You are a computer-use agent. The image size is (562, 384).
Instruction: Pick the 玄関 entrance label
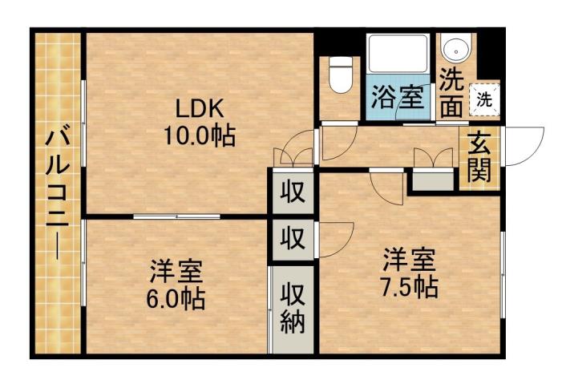479,157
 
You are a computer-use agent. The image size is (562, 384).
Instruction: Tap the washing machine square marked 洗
484,99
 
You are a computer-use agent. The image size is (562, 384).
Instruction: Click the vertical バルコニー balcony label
57,192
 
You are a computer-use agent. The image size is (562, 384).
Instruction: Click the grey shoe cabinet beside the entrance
433,181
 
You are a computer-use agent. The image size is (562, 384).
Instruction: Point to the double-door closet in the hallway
289,156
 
